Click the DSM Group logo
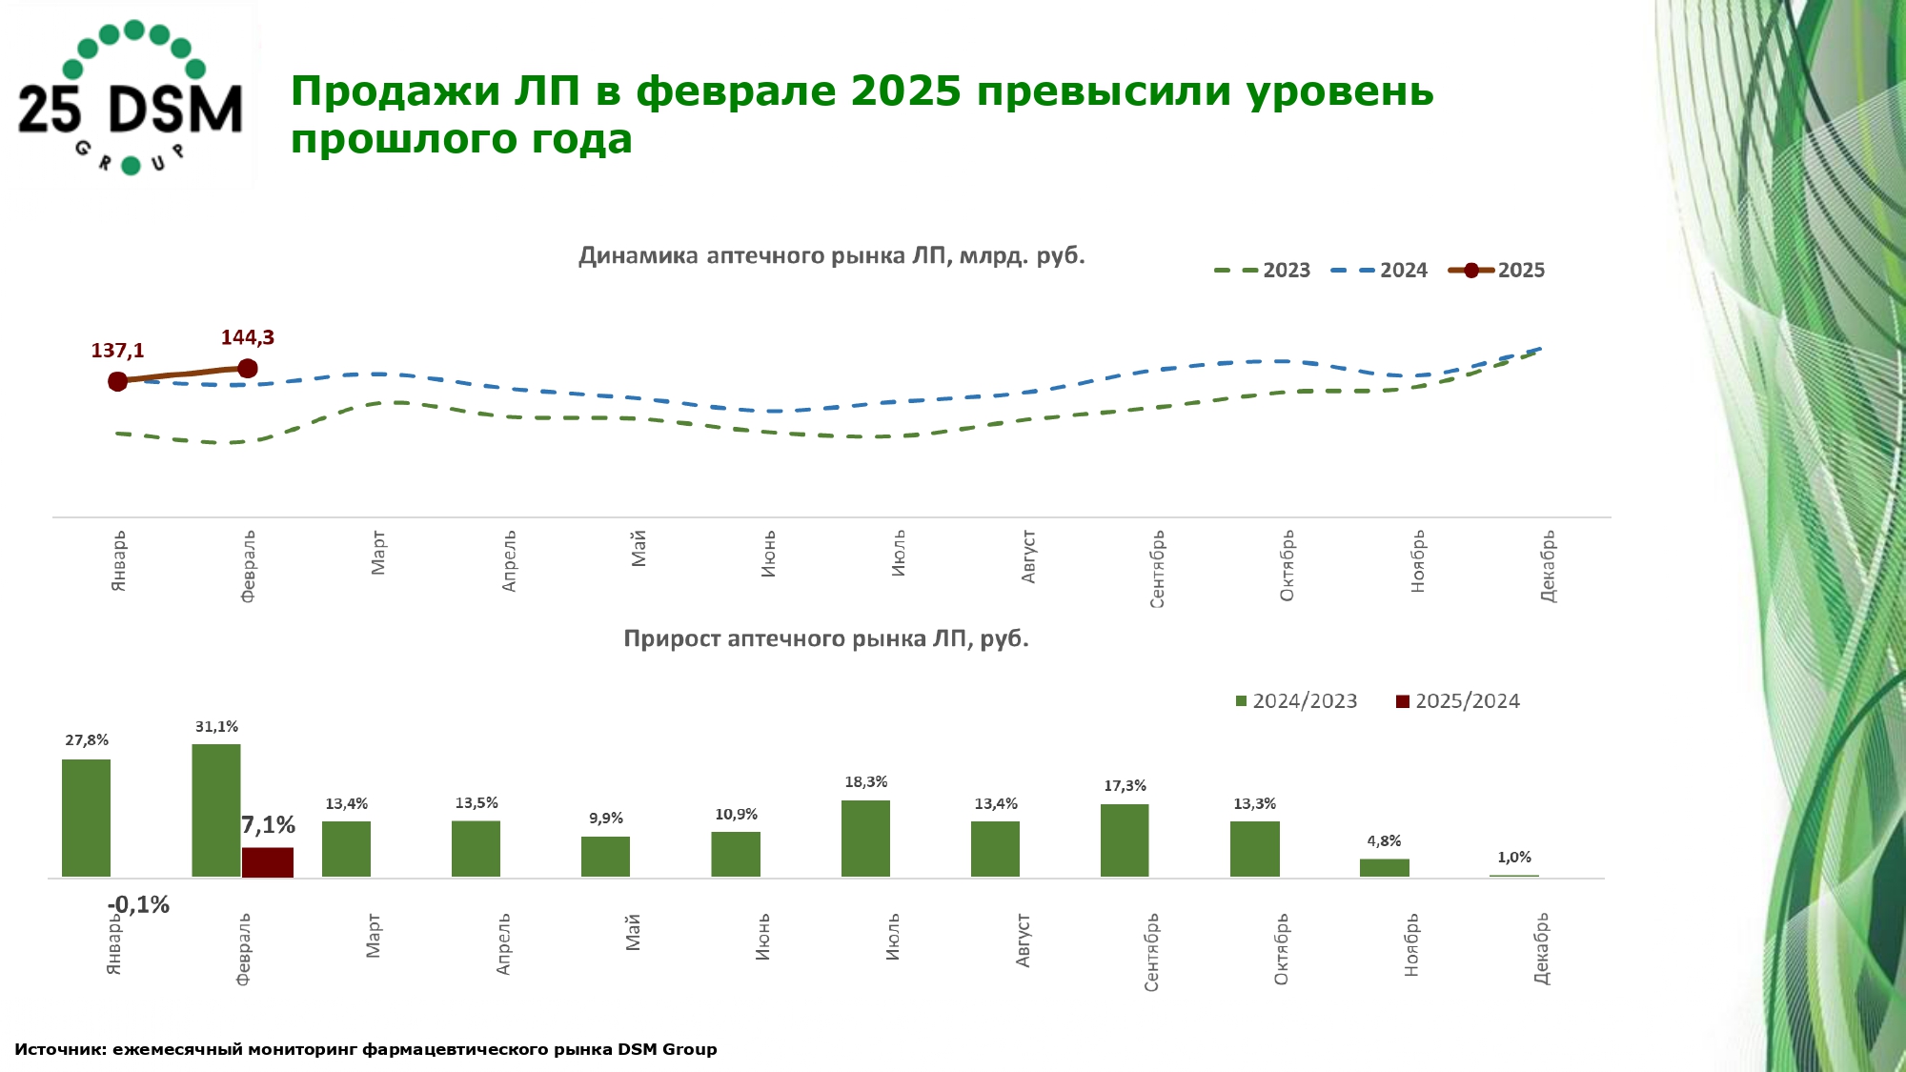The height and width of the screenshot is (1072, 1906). (131, 97)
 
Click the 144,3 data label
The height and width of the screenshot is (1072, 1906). (248, 337)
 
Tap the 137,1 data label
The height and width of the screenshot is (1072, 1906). (117, 351)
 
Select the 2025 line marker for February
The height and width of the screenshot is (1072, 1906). (248, 368)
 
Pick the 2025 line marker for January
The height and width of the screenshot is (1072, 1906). (117, 381)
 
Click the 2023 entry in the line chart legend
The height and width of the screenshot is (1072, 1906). (1263, 271)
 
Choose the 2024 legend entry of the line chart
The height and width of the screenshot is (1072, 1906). (1380, 271)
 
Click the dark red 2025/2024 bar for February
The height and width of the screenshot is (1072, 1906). (267, 861)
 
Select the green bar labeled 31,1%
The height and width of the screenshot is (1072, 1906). (216, 810)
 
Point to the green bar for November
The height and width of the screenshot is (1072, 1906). (1384, 867)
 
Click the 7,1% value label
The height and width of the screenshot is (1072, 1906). (269, 825)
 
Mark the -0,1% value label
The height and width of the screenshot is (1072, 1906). (139, 904)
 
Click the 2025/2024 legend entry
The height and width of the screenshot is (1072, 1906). (1458, 701)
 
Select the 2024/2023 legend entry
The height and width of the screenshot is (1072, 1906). (1296, 701)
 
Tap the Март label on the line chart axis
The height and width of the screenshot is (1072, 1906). (378, 553)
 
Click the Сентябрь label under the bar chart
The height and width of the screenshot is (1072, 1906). (1151, 952)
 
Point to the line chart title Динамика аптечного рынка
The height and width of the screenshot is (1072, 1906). (831, 256)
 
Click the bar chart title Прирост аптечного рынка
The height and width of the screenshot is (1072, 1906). (826, 638)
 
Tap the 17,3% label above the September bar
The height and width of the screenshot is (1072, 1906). (1125, 786)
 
